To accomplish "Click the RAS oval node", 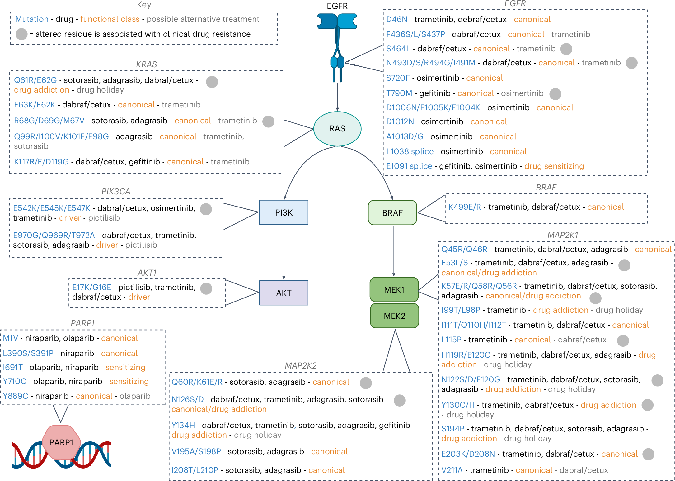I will (x=337, y=129).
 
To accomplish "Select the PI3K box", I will (x=284, y=212).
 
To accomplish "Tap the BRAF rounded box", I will (x=392, y=213).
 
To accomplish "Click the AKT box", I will (x=284, y=293).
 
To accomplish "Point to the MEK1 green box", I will (x=394, y=290).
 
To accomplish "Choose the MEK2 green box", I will (x=394, y=316).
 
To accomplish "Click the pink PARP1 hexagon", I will (x=61, y=442).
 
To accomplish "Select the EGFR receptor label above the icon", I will (x=337, y=6).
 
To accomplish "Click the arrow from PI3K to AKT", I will (x=284, y=252).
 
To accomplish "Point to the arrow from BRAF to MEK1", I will (x=394, y=251).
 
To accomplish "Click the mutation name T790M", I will (x=399, y=93).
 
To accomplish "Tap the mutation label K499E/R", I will (x=465, y=207).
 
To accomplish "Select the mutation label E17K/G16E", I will (x=91, y=287).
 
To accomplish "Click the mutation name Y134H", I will (x=183, y=425).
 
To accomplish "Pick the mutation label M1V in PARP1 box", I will (x=11, y=338).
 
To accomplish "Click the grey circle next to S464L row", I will (x=566, y=49).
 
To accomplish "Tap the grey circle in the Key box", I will (x=21, y=34).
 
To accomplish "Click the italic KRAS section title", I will (x=146, y=64).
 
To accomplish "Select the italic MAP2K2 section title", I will (x=301, y=365).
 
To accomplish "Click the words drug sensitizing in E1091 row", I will (x=554, y=166).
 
